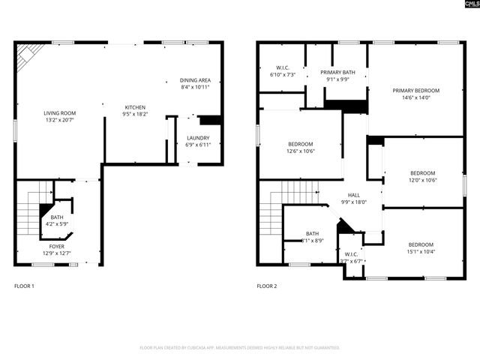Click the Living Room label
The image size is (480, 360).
(59, 116)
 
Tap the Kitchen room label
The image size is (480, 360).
(135, 110)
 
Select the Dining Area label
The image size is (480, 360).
(194, 83)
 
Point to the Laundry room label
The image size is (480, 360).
(198, 141)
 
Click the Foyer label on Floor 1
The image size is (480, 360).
(57, 249)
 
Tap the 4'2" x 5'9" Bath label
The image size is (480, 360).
(57, 220)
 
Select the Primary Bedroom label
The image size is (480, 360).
(415, 94)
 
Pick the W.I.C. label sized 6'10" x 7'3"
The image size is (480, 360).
(282, 71)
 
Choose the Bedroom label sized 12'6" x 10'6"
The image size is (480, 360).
(300, 147)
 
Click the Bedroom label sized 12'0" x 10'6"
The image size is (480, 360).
(422, 176)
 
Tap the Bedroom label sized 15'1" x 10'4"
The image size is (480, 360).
(421, 248)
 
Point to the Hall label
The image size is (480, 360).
(353, 198)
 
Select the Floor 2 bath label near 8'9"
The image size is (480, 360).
(312, 237)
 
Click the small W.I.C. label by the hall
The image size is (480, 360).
(352, 257)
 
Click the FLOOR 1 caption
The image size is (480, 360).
(24, 286)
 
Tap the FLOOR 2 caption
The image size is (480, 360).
(266, 286)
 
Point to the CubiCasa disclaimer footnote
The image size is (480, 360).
(240, 348)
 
